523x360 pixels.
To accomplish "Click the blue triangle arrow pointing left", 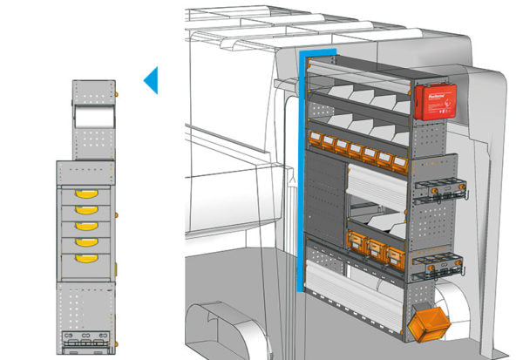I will coord(151,81).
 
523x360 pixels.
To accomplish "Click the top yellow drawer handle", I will coord(85,194).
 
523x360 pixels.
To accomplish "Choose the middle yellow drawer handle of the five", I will coord(85,226).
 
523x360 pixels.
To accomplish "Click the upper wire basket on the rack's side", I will coord(438,188).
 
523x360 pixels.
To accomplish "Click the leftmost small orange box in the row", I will coord(315,138).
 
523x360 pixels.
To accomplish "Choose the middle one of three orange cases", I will coord(377,252).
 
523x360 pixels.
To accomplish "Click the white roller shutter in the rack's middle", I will coord(377,186).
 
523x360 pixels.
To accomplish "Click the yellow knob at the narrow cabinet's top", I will coord(116,90).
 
